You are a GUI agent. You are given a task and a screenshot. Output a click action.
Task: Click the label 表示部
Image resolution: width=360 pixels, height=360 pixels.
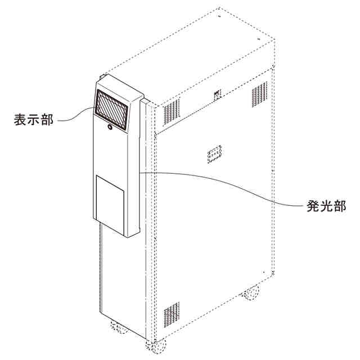pos(34,119)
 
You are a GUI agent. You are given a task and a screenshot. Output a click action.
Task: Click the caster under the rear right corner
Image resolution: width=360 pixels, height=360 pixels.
pos(250,293)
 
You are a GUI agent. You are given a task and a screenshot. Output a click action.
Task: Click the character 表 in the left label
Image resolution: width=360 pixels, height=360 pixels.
pos(20,119)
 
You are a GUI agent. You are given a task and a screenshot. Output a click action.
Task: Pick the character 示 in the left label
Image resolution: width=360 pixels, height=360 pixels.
pos(34,119)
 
